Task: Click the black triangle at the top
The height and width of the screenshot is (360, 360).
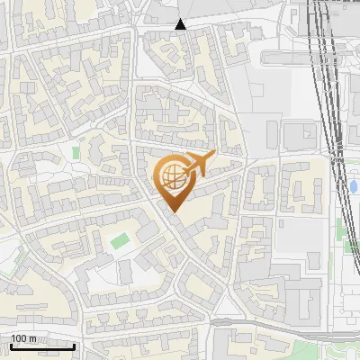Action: click(x=181, y=24)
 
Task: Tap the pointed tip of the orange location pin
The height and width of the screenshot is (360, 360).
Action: click(x=173, y=211)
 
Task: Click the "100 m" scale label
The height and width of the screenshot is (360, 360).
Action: click(x=23, y=338)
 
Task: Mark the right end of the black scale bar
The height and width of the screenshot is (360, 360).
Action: click(x=74, y=346)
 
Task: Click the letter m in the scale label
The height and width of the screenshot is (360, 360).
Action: click(x=32, y=338)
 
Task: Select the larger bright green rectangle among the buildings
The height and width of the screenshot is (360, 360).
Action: click(x=120, y=240)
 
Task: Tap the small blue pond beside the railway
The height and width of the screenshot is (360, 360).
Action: click(x=354, y=186)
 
